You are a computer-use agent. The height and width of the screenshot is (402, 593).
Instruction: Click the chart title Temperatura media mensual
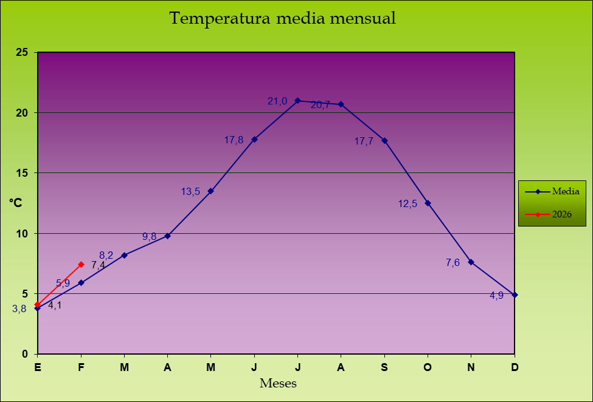tap(282, 19)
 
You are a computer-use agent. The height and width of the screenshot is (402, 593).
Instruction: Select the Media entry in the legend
tap(565, 191)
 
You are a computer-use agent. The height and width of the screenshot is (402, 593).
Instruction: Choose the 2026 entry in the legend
tap(561, 214)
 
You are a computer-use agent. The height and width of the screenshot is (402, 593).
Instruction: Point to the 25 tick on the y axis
tap(22, 52)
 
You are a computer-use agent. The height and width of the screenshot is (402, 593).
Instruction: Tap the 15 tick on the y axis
tap(22, 173)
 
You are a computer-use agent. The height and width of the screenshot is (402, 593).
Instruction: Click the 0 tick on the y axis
tap(25, 354)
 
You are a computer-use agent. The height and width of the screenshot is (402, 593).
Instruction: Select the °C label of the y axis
tap(15, 203)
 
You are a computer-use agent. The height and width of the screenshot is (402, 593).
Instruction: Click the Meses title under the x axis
tap(278, 383)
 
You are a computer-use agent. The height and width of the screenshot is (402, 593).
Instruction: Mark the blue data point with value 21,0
tap(297, 100)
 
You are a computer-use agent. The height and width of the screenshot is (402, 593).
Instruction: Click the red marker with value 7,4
tap(81, 264)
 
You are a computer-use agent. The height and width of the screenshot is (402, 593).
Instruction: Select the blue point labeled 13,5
tap(211, 191)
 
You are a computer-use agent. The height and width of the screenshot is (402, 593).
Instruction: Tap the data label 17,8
tap(234, 140)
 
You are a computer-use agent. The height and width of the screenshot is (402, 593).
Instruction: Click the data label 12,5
tap(407, 204)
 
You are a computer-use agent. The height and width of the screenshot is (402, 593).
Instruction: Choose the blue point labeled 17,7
tap(384, 140)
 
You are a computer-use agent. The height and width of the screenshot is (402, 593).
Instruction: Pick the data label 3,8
tap(19, 309)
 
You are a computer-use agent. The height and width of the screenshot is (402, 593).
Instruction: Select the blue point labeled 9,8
tap(167, 236)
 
